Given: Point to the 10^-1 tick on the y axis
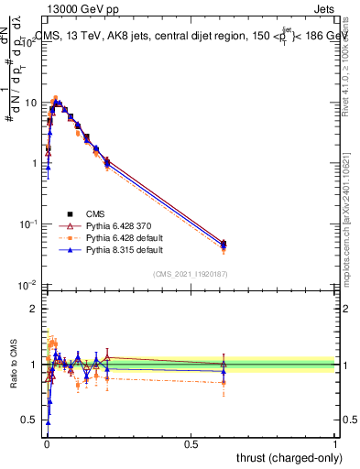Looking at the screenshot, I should (x=31, y=224).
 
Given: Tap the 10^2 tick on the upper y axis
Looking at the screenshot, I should (x=31, y=41).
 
